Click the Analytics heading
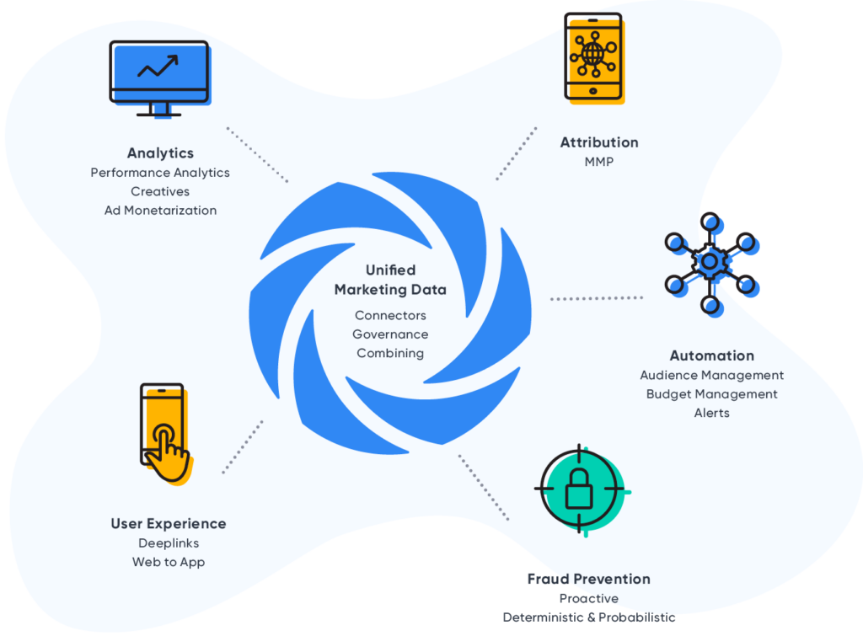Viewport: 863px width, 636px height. click(x=160, y=153)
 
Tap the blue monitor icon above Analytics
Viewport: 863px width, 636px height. click(x=158, y=76)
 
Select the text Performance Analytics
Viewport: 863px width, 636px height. click(x=160, y=173)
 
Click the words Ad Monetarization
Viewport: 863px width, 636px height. click(x=160, y=211)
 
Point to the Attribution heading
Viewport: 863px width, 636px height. click(x=599, y=142)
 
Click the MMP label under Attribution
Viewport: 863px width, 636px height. click(x=599, y=161)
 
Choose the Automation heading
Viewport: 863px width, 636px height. click(x=711, y=355)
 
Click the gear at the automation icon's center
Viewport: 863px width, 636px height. click(x=710, y=262)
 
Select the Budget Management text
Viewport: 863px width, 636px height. click(x=711, y=394)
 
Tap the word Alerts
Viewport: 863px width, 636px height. click(x=711, y=413)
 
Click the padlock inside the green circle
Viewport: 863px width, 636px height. click(x=579, y=489)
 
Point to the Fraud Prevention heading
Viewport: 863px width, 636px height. click(x=588, y=579)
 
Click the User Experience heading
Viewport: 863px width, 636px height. click(x=169, y=523)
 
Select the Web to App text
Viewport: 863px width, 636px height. click(x=169, y=562)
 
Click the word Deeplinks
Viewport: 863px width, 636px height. click(x=169, y=542)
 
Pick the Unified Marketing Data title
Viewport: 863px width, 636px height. click(x=390, y=280)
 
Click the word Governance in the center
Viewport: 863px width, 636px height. click(x=390, y=334)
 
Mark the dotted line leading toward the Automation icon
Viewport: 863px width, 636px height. click(x=596, y=298)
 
